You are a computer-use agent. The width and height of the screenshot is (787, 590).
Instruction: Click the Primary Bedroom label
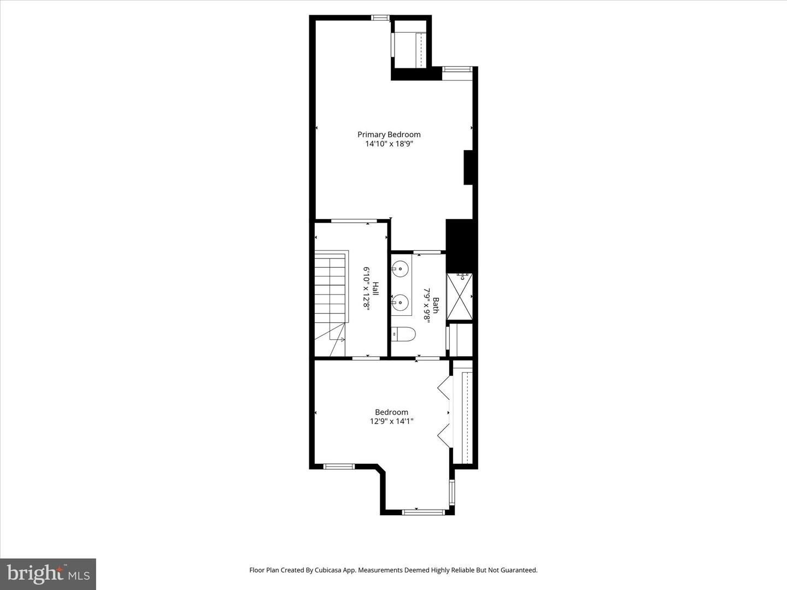[x=389, y=134]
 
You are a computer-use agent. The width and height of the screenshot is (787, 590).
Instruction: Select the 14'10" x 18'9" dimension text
[x=389, y=144]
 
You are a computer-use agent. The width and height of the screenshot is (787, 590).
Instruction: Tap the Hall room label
[x=375, y=288]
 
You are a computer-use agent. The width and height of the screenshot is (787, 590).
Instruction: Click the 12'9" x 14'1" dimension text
[x=391, y=421]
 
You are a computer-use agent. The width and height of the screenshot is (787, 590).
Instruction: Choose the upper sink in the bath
[x=400, y=268]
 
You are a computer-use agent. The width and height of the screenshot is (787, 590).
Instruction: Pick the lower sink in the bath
[x=400, y=302]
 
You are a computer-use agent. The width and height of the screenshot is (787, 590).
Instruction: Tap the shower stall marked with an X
[x=459, y=296]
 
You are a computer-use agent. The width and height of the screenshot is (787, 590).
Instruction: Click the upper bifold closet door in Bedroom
[x=444, y=387]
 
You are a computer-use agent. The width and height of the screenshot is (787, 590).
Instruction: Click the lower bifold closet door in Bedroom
[x=444, y=434]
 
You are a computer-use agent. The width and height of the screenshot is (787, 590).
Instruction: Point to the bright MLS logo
[x=48, y=574]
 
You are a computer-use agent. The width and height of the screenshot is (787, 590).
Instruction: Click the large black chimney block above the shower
[x=459, y=246]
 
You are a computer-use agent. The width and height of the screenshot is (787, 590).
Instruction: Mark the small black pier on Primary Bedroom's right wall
[x=468, y=167]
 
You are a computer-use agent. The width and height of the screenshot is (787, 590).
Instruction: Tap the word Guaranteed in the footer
[x=520, y=570]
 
